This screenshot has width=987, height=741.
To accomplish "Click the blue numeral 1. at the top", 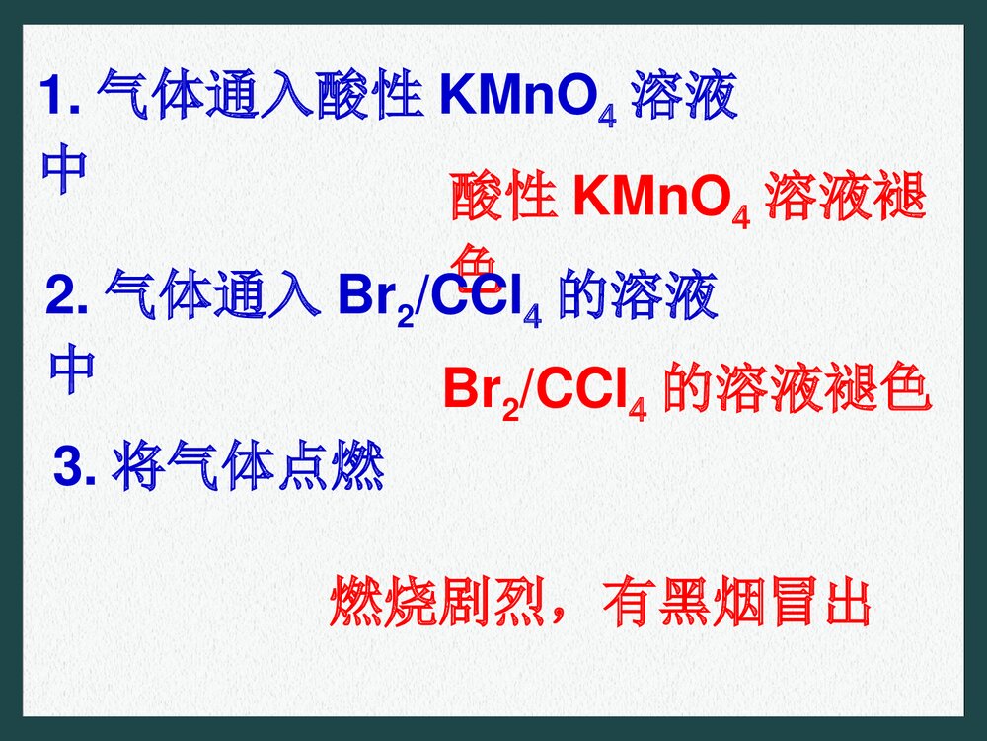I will click(x=62, y=99).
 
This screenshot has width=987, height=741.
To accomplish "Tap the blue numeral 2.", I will click(x=69, y=297).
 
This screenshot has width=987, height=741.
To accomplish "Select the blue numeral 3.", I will click(x=74, y=468).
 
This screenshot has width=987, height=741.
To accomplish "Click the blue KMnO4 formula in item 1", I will click(x=529, y=102).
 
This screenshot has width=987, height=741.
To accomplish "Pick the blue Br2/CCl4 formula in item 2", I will click(x=440, y=299).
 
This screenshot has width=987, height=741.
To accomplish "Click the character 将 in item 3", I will click(x=138, y=468).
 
